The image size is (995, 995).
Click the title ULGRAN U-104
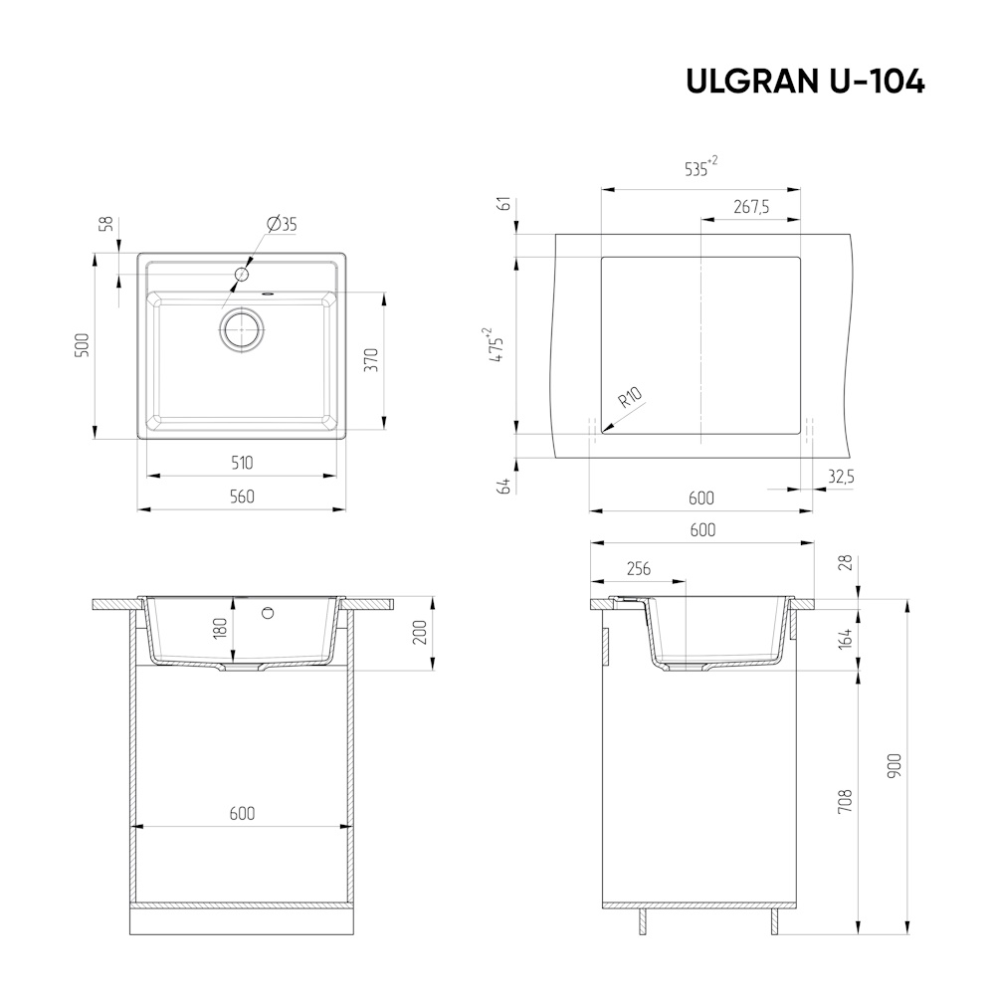pyautogui.click(x=805, y=82)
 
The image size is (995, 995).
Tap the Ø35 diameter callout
pyautogui.click(x=283, y=224)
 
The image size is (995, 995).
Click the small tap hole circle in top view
pyautogui.click(x=241, y=275)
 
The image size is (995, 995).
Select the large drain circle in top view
pyautogui.click(x=241, y=329)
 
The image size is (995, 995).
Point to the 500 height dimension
pyautogui.click(x=84, y=346)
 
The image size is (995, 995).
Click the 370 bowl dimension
pyautogui.click(x=372, y=360)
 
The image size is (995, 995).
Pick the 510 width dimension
pyautogui.click(x=242, y=463)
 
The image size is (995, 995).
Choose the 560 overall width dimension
pyautogui.click(x=242, y=497)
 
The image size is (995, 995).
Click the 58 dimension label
pyautogui.click(x=107, y=223)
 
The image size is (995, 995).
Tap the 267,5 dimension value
pyautogui.click(x=751, y=207)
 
